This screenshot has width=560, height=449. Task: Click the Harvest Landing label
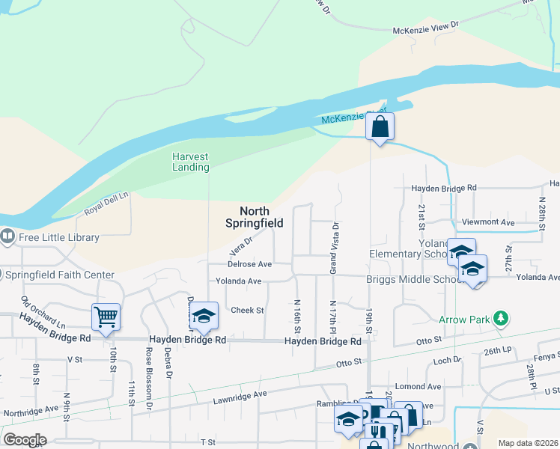[190, 162]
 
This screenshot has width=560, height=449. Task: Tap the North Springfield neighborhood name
[255, 217]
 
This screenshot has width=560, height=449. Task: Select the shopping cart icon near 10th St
[106, 317]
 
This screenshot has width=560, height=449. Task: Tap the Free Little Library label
[58, 237]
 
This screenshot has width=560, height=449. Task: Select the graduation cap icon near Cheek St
[203, 317]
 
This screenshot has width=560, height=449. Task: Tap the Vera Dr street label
[242, 242]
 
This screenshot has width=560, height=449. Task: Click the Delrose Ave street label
[250, 264]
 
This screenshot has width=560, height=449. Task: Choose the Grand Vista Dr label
[335, 246]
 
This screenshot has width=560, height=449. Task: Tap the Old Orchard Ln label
[43, 313]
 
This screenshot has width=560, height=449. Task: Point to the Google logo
[25, 439]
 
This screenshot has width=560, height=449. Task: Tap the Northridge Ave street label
[31, 411]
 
